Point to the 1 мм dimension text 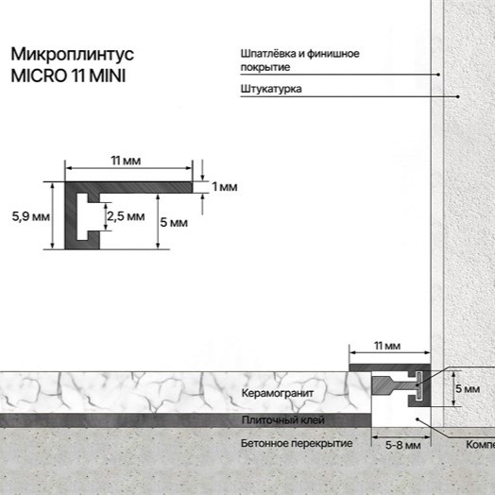[x=225, y=187]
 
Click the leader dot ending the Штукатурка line [x=458, y=96]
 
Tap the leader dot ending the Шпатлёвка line [x=438, y=74]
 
